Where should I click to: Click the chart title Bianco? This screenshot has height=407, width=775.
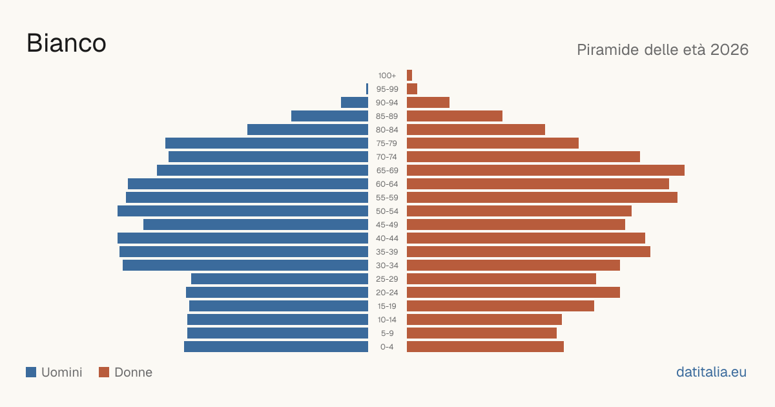click(x=67, y=43)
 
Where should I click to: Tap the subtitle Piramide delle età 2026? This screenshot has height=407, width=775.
click(x=663, y=50)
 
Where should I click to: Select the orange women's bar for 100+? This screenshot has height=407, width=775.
click(x=409, y=75)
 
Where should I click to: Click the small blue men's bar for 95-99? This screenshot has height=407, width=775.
click(x=367, y=89)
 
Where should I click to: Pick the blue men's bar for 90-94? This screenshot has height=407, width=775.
click(x=355, y=103)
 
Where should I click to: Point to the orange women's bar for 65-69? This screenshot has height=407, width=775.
click(x=546, y=171)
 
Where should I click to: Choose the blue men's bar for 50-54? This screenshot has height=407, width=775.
click(x=243, y=211)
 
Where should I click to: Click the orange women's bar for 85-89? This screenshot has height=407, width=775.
click(x=455, y=116)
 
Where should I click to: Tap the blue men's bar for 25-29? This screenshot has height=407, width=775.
click(x=280, y=279)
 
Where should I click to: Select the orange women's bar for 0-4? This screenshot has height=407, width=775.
click(x=485, y=347)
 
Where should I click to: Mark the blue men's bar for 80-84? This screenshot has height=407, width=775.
click(x=307, y=130)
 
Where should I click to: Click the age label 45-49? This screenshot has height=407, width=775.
click(x=387, y=225)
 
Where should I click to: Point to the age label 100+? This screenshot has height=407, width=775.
click(x=387, y=76)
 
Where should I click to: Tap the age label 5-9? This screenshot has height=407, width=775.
click(x=387, y=333)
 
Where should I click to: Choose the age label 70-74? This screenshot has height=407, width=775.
click(x=387, y=157)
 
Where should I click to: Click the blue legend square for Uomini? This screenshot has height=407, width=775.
click(x=31, y=372)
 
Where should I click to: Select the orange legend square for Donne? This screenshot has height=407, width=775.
click(x=104, y=372)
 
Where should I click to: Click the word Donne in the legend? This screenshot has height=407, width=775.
click(x=133, y=372)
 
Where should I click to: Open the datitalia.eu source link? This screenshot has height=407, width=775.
click(x=711, y=372)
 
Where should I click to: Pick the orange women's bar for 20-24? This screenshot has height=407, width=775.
click(x=513, y=293)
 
